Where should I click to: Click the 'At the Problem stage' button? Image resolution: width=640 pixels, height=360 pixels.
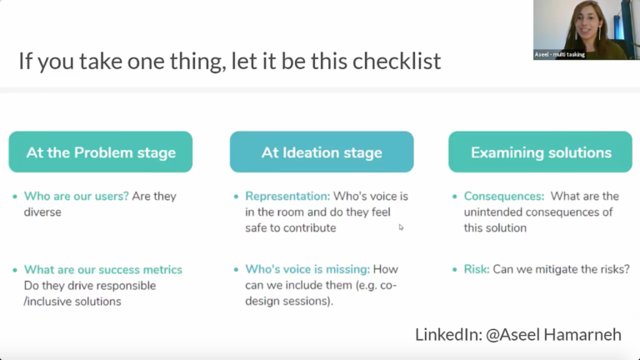click(x=100, y=152)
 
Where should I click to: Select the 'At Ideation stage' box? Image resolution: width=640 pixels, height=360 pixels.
click(x=322, y=152)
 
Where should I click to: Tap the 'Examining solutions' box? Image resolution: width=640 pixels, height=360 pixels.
click(x=540, y=152)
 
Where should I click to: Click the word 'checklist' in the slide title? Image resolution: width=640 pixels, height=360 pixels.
click(x=397, y=61)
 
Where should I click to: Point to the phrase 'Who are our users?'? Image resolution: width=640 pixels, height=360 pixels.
click(x=77, y=197)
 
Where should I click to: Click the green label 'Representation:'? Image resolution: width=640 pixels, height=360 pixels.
click(x=287, y=197)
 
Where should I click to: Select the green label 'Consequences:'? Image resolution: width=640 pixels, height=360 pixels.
click(x=504, y=197)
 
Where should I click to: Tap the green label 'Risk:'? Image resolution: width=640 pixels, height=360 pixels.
click(x=477, y=269)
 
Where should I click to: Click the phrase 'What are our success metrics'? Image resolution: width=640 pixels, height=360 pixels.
click(x=102, y=270)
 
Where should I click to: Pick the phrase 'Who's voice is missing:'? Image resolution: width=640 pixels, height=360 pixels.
click(x=307, y=269)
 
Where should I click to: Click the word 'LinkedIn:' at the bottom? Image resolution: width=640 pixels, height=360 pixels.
click(x=449, y=335)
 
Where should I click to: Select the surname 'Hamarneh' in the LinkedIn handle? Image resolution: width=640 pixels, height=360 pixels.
click(x=582, y=335)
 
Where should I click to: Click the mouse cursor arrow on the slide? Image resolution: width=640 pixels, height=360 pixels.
click(x=401, y=227)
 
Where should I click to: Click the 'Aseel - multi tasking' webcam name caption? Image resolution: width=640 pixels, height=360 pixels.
click(x=560, y=54)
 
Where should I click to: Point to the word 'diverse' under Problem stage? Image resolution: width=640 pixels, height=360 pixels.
click(x=42, y=212)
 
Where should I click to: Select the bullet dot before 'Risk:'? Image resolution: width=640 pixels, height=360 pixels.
click(x=455, y=270)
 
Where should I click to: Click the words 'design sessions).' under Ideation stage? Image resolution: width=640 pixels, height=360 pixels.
click(x=289, y=301)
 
